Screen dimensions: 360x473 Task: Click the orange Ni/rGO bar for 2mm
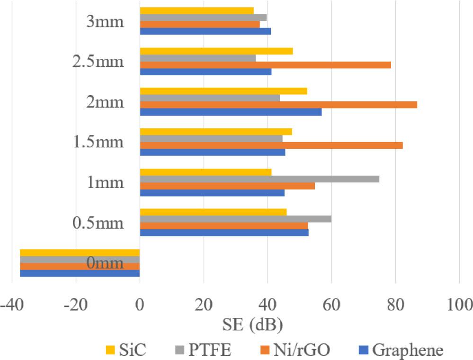coord(278,105)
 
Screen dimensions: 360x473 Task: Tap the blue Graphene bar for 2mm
coord(231,112)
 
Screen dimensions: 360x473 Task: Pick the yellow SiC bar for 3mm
coord(196,10)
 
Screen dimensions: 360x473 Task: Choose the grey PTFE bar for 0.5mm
coord(235,219)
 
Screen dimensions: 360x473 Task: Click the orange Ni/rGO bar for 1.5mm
coord(271,145)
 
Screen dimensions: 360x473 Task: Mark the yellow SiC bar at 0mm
coord(80,252)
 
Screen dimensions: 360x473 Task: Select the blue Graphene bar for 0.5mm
coord(224,233)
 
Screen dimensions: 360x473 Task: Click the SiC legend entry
coord(125,351)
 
